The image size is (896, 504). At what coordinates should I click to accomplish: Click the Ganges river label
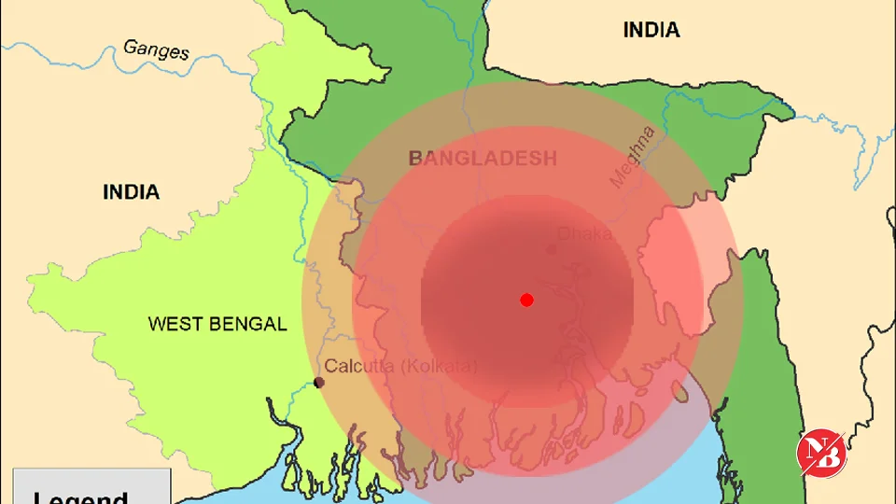156,49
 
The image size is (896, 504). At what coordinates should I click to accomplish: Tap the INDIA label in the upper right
651,30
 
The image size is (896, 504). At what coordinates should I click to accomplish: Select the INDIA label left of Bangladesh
131,192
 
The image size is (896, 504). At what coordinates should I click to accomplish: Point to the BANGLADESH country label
483,158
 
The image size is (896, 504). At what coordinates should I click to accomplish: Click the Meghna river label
634,157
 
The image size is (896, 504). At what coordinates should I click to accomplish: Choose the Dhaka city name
584,233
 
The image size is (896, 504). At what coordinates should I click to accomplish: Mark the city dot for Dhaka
552,249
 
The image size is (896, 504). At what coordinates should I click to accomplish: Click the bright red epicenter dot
526,300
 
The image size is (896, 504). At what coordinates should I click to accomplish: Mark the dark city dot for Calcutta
319,383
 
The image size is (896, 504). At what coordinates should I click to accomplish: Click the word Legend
80,497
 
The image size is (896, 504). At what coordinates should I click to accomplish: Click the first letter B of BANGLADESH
415,158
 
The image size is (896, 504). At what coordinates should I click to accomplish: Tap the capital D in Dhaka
564,233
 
